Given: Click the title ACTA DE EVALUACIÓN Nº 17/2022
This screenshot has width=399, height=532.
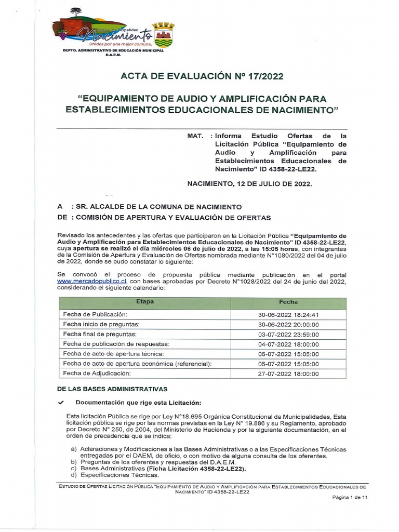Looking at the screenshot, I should (x=202, y=77).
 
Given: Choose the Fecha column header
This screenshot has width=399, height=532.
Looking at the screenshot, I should (x=288, y=302).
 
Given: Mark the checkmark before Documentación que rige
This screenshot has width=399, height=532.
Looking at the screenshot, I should (x=61, y=403).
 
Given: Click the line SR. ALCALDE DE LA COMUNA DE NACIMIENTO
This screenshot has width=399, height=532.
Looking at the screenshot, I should (x=158, y=207).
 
